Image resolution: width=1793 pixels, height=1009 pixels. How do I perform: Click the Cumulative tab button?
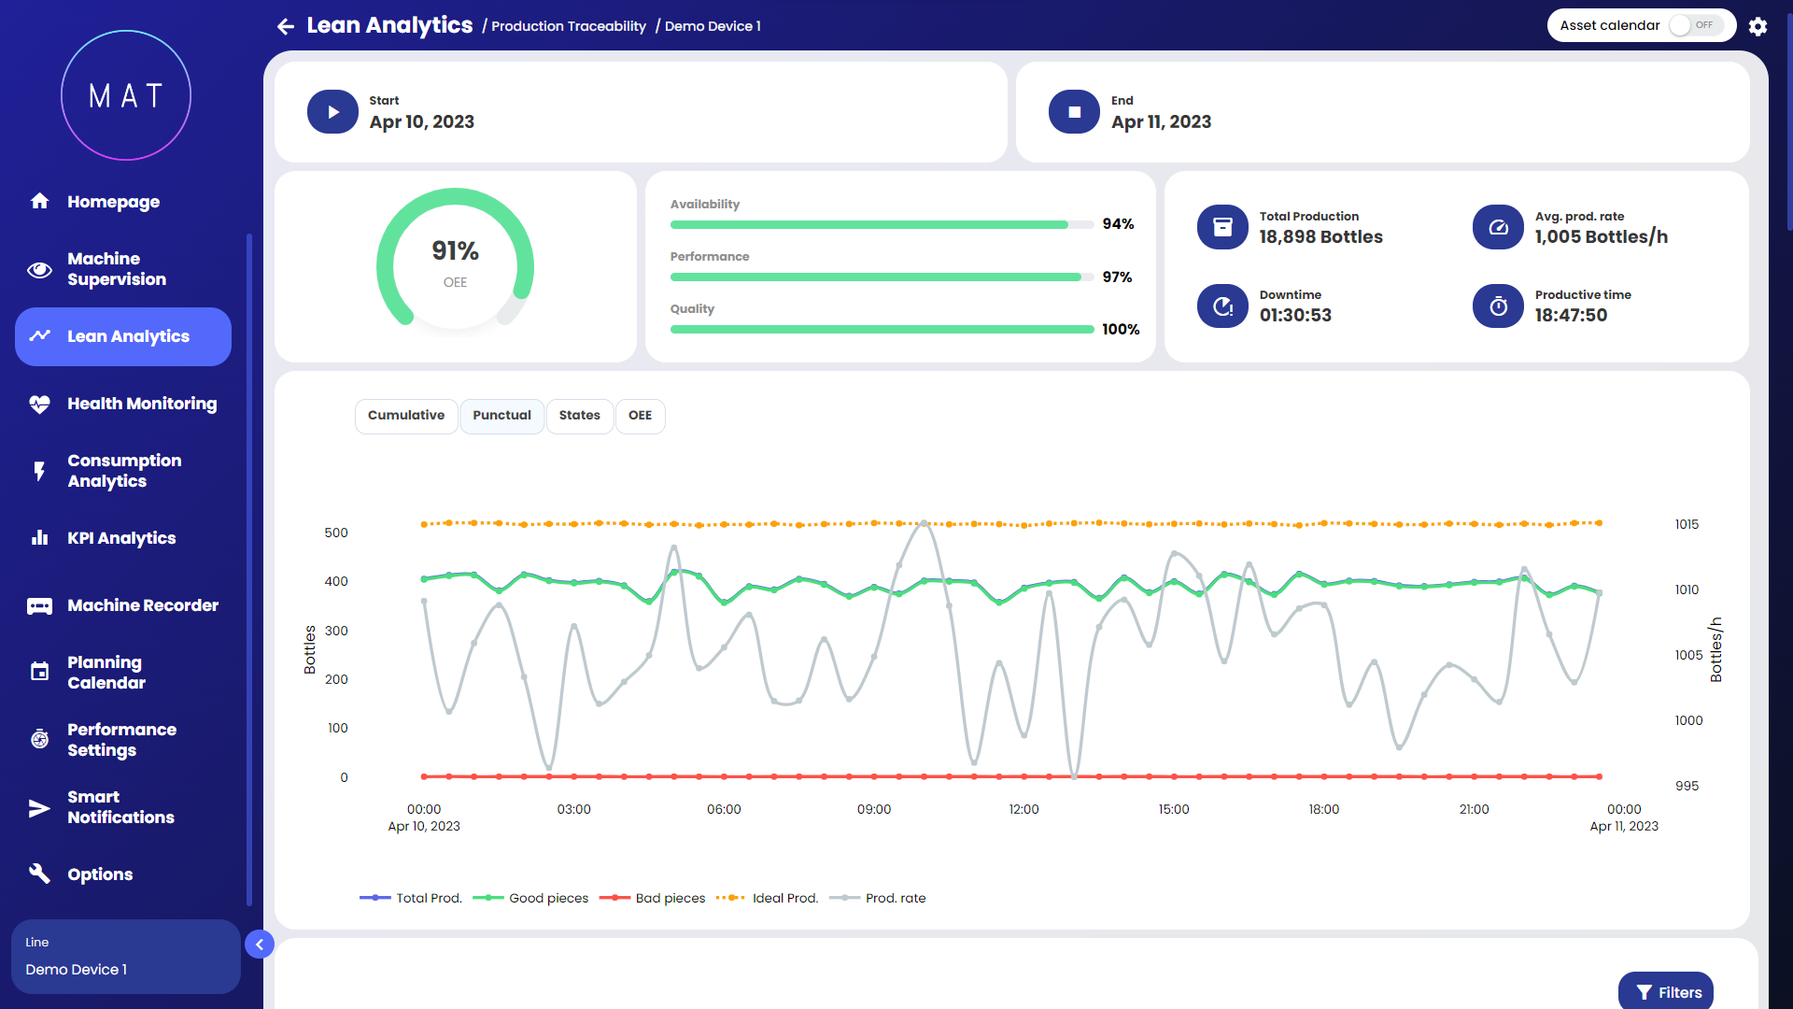pos(406,416)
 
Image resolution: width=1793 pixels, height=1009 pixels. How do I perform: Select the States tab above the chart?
pos(579,416)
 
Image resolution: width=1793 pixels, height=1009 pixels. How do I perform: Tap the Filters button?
pos(1668,992)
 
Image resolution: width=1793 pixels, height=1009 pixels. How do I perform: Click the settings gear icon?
pos(1758,26)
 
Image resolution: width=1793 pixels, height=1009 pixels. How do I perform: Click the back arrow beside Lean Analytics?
pos(286,26)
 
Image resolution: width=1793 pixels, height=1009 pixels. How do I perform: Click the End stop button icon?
pos(1074,112)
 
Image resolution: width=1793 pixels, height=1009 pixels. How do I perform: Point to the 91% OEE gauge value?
pos(455,251)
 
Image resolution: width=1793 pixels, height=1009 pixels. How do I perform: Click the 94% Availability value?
pos(1118,224)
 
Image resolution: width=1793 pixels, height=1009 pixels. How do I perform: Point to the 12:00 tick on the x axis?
pos(1024,809)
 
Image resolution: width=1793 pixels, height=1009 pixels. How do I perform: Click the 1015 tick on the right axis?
pos(1687,524)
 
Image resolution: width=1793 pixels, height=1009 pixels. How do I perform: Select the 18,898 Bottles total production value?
pos(1320,237)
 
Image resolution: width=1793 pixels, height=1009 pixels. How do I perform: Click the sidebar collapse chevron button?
pos(260,945)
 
